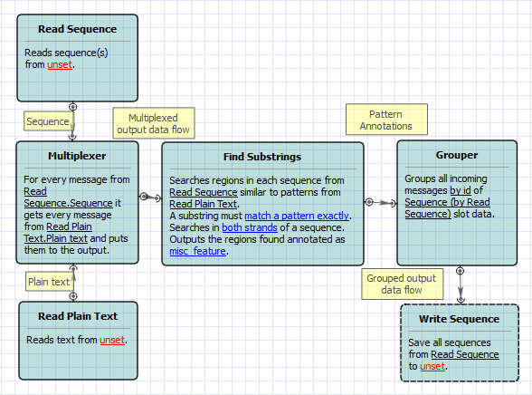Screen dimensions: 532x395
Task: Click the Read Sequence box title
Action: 78,29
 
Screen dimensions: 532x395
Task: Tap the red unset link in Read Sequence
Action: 60,64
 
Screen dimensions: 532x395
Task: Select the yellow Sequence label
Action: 48,121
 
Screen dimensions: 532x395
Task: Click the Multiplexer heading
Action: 77,156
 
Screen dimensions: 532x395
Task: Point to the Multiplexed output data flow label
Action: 154,123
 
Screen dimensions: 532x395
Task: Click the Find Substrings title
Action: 262,157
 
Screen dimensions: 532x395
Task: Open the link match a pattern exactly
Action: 297,216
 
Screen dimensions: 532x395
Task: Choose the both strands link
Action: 250,227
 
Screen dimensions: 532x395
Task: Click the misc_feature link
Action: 198,251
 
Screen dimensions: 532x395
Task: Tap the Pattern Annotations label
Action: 386,120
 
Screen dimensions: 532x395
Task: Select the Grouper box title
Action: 457,155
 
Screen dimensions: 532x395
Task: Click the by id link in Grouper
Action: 461,190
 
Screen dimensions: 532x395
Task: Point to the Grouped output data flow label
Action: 402,284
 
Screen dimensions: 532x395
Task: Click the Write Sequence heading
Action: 459,319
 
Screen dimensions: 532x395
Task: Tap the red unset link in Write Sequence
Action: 432,366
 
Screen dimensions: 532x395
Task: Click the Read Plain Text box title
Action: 78,316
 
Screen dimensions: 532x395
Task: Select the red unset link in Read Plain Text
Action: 112,340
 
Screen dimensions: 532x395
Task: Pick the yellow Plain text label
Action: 49,282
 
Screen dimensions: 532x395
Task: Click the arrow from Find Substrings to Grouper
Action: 380,203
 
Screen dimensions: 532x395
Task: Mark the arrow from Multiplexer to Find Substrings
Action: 150,197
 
